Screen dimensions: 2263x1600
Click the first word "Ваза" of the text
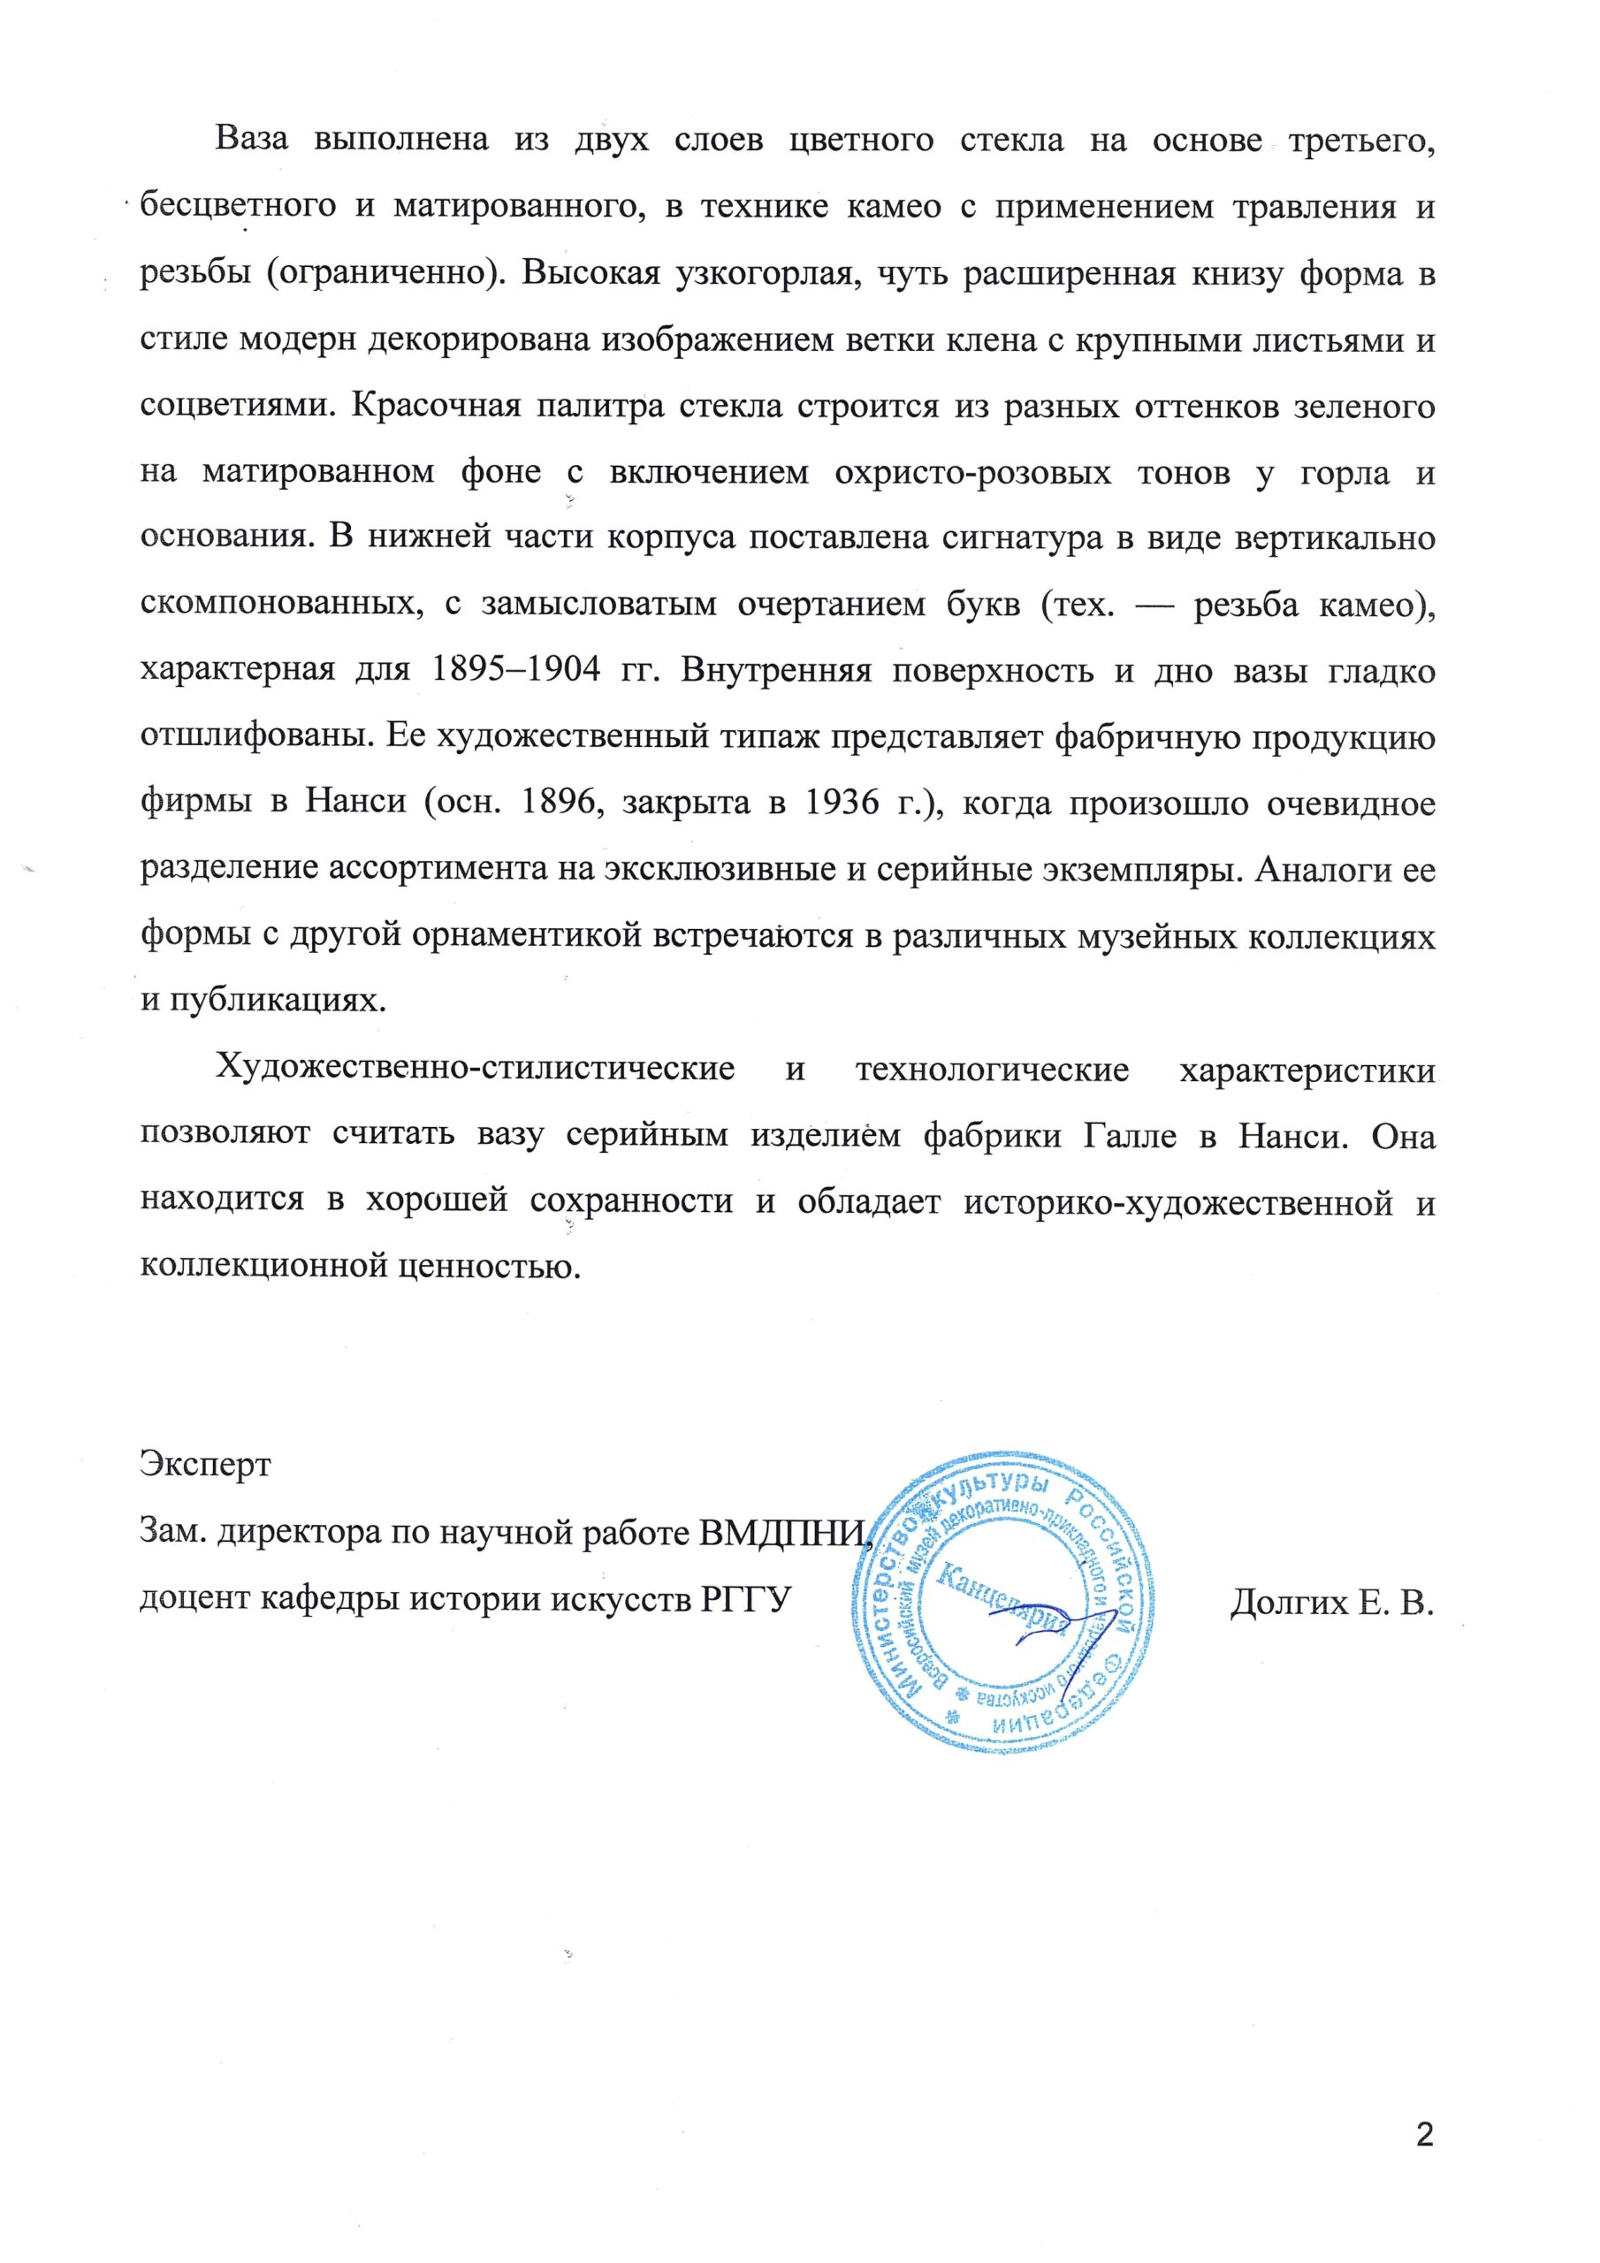point(251,140)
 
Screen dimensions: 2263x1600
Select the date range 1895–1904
point(516,671)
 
